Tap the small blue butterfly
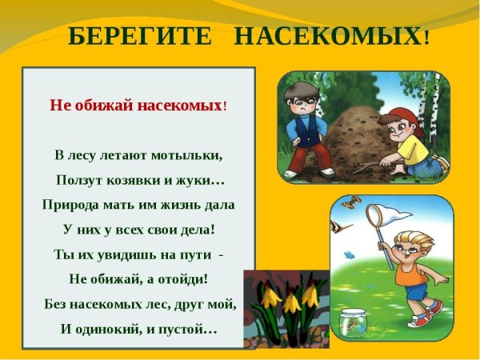(349, 255)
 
